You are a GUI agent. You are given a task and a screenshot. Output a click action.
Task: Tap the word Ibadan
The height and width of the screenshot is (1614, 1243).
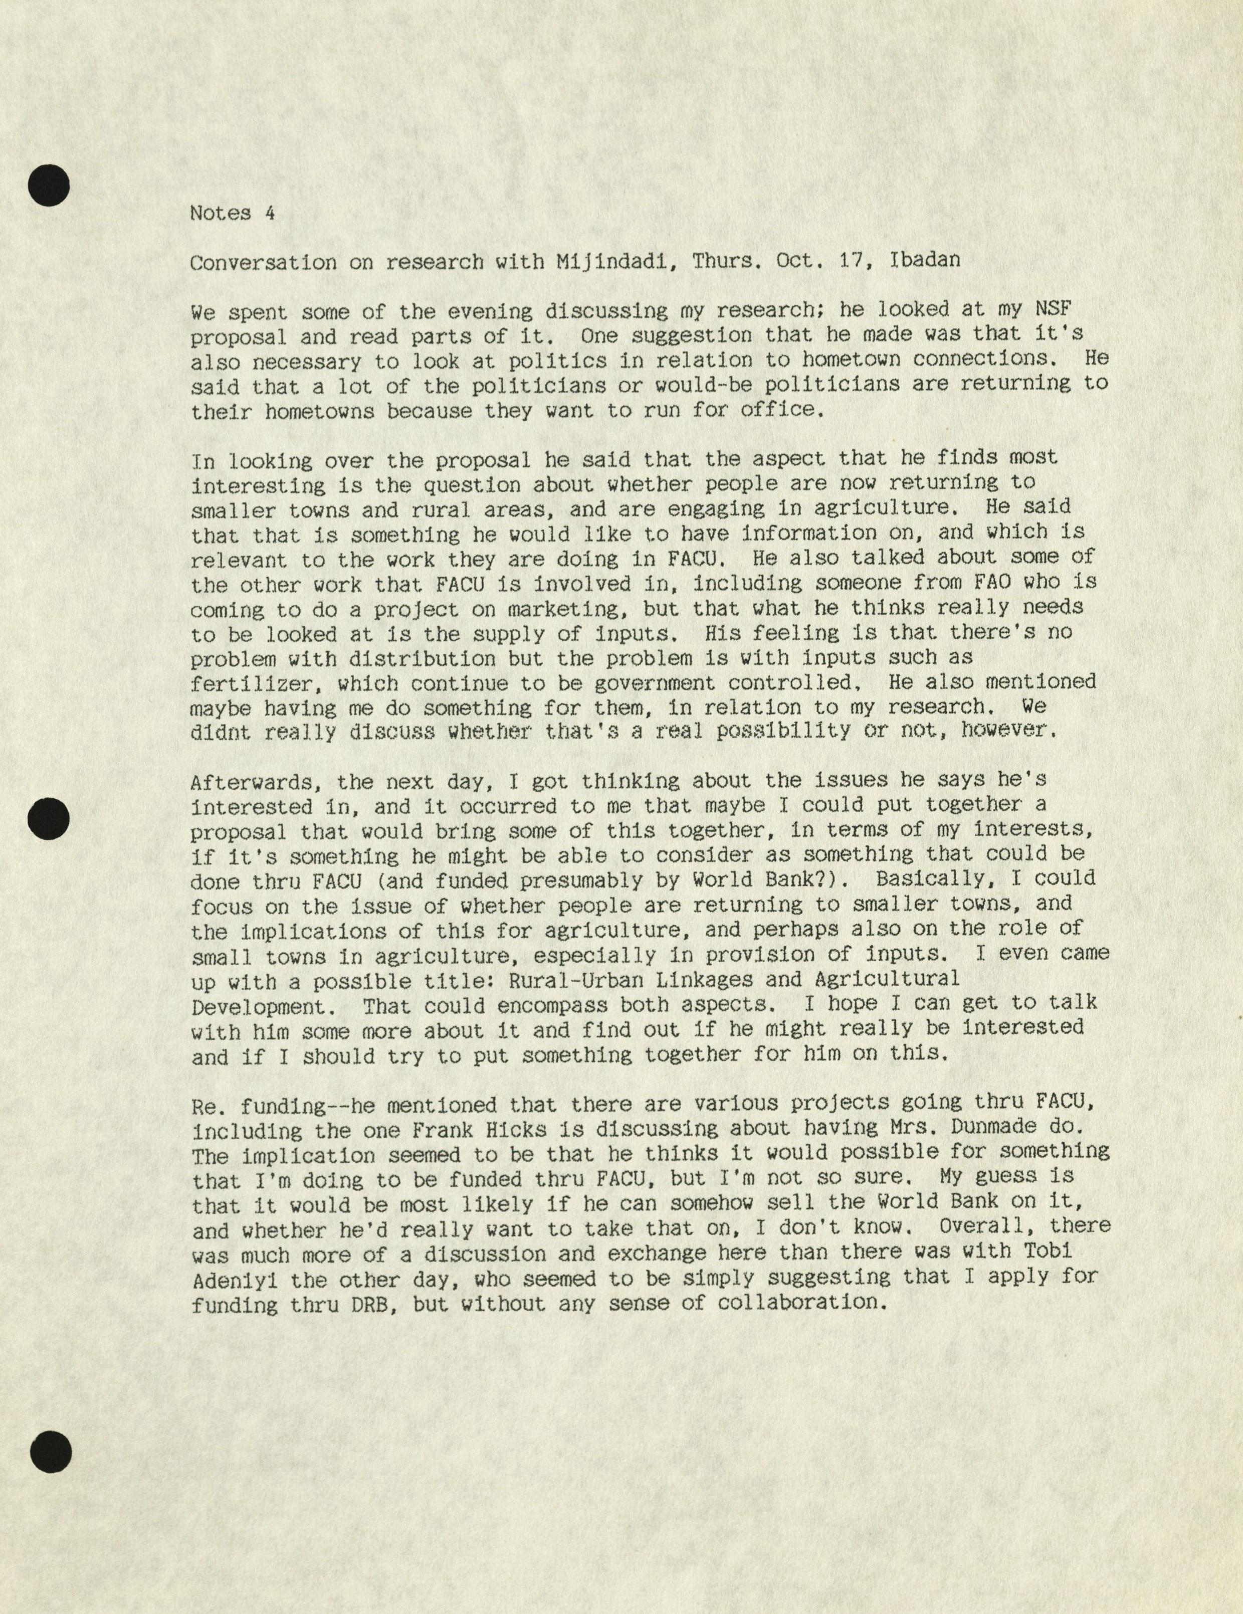pyautogui.click(x=927, y=262)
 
